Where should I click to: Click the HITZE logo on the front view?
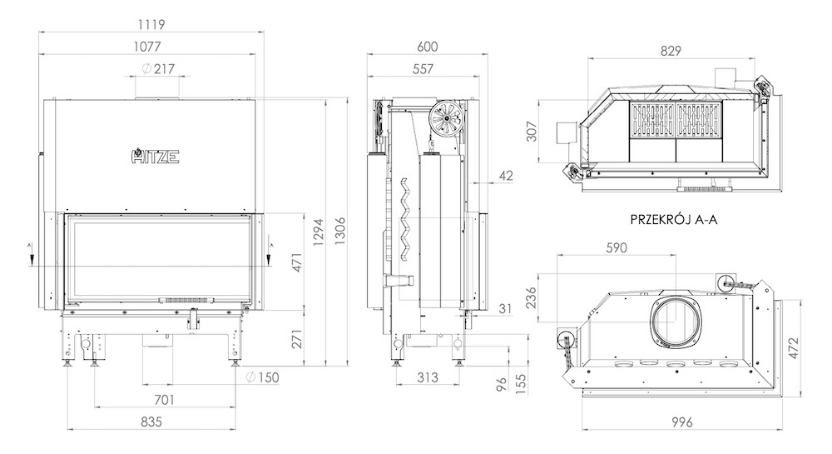(155, 156)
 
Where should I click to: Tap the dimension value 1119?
(151, 24)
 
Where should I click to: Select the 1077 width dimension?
(147, 47)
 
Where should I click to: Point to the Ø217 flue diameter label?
(158, 68)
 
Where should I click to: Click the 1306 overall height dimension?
(340, 231)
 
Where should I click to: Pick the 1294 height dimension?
(318, 232)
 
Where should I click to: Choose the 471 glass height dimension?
(297, 263)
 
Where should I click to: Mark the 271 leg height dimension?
(297, 339)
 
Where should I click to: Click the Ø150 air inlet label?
(262, 377)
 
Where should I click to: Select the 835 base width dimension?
(151, 422)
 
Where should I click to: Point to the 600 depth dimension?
(427, 47)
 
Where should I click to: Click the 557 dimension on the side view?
(423, 69)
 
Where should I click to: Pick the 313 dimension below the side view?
(427, 377)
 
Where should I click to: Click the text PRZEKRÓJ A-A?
(674, 219)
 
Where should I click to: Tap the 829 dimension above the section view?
(671, 51)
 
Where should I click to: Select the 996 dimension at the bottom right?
(682, 422)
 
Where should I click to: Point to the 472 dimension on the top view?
(793, 348)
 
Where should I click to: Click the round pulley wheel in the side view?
(444, 118)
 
